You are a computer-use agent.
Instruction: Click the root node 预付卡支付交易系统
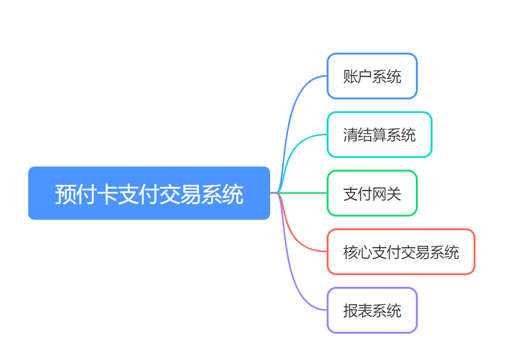149,193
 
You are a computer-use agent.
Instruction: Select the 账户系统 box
372,76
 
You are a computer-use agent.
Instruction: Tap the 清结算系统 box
379,135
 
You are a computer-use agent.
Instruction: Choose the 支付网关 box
372,193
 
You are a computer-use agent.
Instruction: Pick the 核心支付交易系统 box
401,252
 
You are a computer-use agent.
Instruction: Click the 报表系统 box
372,311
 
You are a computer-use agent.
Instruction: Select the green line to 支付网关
302,193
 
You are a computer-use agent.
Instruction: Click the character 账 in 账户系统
350,76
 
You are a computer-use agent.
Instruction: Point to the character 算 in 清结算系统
379,135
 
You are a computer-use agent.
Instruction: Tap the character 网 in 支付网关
379,194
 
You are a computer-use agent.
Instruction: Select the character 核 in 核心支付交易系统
350,252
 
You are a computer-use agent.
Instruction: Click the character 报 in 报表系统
350,311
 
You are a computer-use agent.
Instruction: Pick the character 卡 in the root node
107,194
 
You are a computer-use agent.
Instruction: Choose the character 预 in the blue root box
65,194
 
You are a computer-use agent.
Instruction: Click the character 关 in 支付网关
394,194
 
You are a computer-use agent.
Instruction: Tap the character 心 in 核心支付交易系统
365,252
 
